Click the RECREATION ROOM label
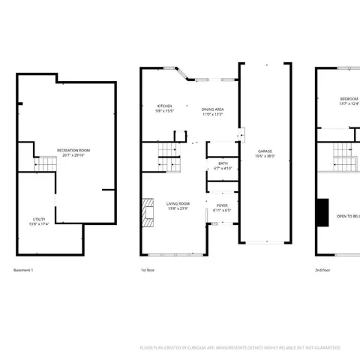[x=73, y=151]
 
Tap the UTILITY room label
[x=40, y=219]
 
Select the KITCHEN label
[x=165, y=106]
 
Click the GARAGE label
[x=265, y=151]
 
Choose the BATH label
[x=223, y=163]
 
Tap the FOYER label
[x=223, y=204]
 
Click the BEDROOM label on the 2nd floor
[x=349, y=99]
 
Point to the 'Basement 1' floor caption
[x=24, y=270]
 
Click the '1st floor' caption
[x=148, y=270]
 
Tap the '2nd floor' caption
[x=322, y=270]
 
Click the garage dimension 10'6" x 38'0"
[x=265, y=156]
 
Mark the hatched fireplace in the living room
[x=148, y=211]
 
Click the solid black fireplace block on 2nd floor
[x=322, y=211]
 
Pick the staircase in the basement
[x=46, y=164]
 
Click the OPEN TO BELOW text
[x=348, y=215]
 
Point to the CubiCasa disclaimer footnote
[x=240, y=347]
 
